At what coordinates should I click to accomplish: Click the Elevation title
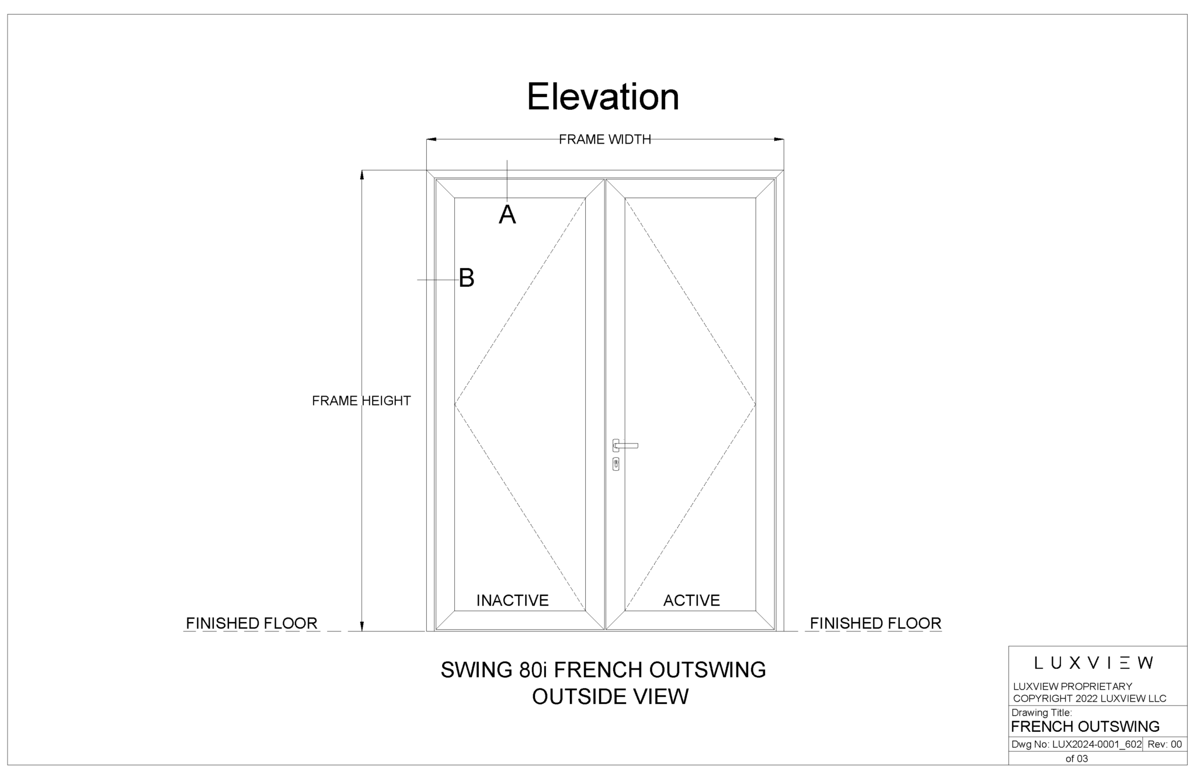pos(603,96)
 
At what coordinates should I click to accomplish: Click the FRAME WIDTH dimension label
pos(604,139)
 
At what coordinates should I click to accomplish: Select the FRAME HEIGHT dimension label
pos(361,401)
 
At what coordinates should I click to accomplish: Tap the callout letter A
pos(507,216)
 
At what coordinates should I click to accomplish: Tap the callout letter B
pos(466,278)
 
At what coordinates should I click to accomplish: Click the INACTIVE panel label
pos(512,601)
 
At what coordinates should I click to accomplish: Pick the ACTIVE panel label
pos(691,601)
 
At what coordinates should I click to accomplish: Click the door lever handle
pos(626,446)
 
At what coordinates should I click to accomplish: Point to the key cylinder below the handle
pos(616,464)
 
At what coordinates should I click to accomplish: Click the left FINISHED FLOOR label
pos(251,623)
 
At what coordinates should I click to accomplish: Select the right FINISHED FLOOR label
pos(875,623)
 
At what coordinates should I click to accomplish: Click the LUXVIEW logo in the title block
pos(1093,663)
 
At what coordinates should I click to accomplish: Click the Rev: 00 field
pos(1164,744)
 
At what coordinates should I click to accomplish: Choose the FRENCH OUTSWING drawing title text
pos(1084,727)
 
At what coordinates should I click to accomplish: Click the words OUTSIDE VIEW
pos(610,696)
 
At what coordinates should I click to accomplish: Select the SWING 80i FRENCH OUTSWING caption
pos(603,670)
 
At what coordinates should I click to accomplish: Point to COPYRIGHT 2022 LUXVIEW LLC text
pos(1089,698)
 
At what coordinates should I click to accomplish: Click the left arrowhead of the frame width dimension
pos(432,140)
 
